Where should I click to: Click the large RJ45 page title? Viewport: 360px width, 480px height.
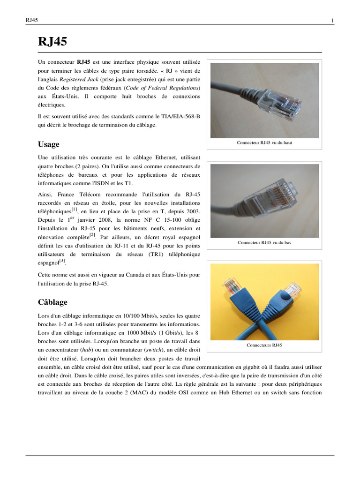point(52,42)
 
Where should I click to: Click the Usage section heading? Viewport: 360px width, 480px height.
point(48,144)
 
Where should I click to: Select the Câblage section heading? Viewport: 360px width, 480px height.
point(52,302)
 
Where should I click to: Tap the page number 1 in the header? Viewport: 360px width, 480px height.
point(332,20)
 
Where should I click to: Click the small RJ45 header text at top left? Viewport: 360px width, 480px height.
point(32,20)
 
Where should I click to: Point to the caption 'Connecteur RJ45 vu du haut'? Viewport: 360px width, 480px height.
point(264,142)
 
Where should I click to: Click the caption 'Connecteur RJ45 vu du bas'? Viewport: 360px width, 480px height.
point(264,243)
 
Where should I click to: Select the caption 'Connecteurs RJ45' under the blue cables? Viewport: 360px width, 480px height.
point(264,345)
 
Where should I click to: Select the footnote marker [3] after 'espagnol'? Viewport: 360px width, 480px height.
point(62,262)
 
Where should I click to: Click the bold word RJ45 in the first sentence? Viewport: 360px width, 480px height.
point(84,62)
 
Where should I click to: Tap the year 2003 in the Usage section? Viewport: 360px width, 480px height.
point(193,211)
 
